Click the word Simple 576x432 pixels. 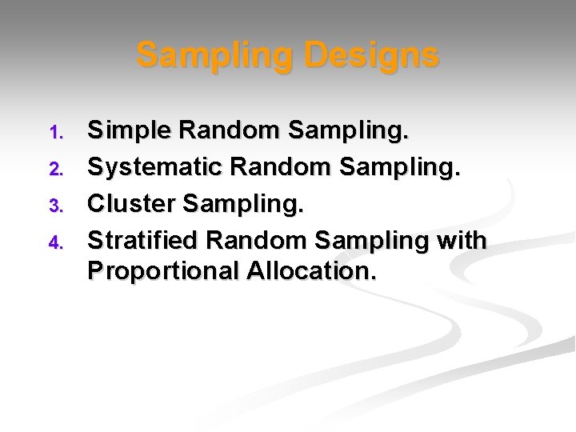click(x=128, y=130)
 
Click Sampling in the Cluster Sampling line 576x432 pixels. click(x=244, y=205)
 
